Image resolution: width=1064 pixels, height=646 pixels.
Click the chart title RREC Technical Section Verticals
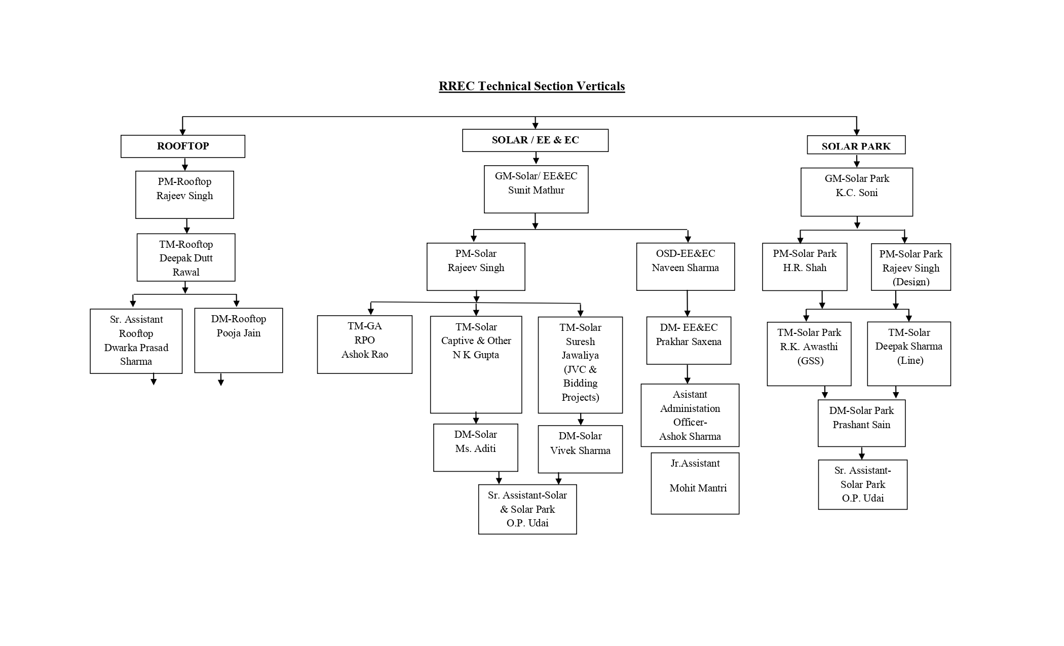click(x=531, y=86)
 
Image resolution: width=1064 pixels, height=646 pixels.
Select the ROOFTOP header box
click(x=182, y=146)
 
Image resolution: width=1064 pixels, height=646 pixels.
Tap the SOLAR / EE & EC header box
click(x=535, y=140)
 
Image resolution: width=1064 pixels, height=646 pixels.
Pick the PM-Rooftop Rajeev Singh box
click(x=184, y=195)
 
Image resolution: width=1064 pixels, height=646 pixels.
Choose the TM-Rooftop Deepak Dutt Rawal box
click(x=186, y=257)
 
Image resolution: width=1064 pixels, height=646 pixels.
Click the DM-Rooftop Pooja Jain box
click(x=239, y=340)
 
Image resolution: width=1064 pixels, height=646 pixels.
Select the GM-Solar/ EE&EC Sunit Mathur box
click(x=536, y=189)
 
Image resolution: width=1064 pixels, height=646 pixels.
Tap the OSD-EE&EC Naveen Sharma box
click(x=685, y=267)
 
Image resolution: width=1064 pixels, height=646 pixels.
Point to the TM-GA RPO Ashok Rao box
click(x=364, y=345)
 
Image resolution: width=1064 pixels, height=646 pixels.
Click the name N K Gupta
click(x=475, y=355)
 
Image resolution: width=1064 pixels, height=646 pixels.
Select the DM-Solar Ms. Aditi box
click(x=475, y=447)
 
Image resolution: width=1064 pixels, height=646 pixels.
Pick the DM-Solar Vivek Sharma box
click(x=580, y=449)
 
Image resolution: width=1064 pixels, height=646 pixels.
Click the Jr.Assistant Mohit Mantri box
click(x=695, y=483)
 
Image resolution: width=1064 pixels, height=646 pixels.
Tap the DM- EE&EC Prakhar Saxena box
click(x=689, y=340)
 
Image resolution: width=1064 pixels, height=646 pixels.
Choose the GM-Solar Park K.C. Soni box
click(x=856, y=192)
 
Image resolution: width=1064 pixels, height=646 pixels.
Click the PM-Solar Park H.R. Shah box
click(x=804, y=267)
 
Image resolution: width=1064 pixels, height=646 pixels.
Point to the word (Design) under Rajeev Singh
click(x=910, y=282)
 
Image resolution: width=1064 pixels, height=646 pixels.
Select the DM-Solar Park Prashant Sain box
click(x=861, y=423)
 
